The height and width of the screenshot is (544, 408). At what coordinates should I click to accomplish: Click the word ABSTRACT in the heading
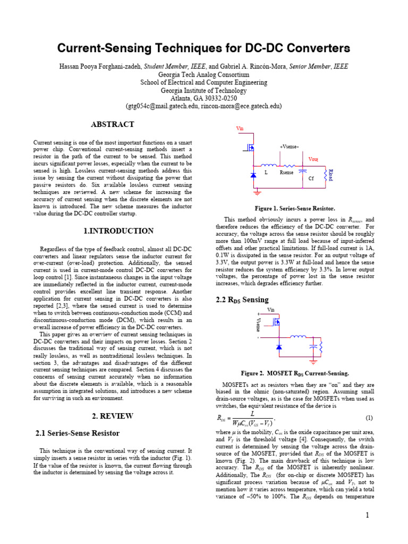112,125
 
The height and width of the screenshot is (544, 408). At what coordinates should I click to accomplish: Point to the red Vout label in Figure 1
313,159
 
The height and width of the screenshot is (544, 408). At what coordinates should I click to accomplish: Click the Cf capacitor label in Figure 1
311,179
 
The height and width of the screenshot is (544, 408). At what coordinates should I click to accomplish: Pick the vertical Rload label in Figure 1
330,176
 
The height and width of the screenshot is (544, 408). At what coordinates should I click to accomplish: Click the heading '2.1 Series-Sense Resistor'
77,433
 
